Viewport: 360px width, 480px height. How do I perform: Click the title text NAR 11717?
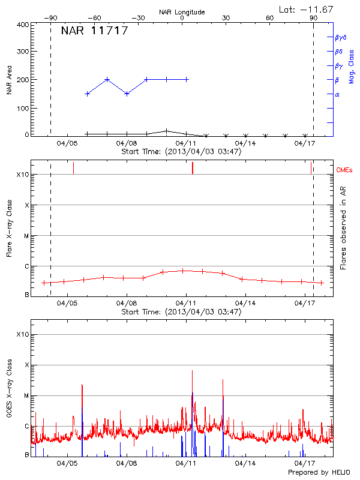point(94,31)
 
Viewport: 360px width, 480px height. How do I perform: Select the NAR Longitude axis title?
point(182,12)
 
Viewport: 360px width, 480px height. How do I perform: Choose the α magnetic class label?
point(337,94)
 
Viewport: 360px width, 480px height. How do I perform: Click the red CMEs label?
point(345,170)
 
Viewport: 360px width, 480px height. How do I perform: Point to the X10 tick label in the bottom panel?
point(23,334)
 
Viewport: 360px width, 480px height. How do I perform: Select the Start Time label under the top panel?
point(181,151)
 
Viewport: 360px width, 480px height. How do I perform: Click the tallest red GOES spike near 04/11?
point(193,372)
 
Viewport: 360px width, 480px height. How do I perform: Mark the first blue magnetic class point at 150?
point(88,94)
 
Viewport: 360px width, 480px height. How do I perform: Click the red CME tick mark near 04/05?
point(73,168)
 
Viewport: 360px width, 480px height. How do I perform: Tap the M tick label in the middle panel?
point(26,236)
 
